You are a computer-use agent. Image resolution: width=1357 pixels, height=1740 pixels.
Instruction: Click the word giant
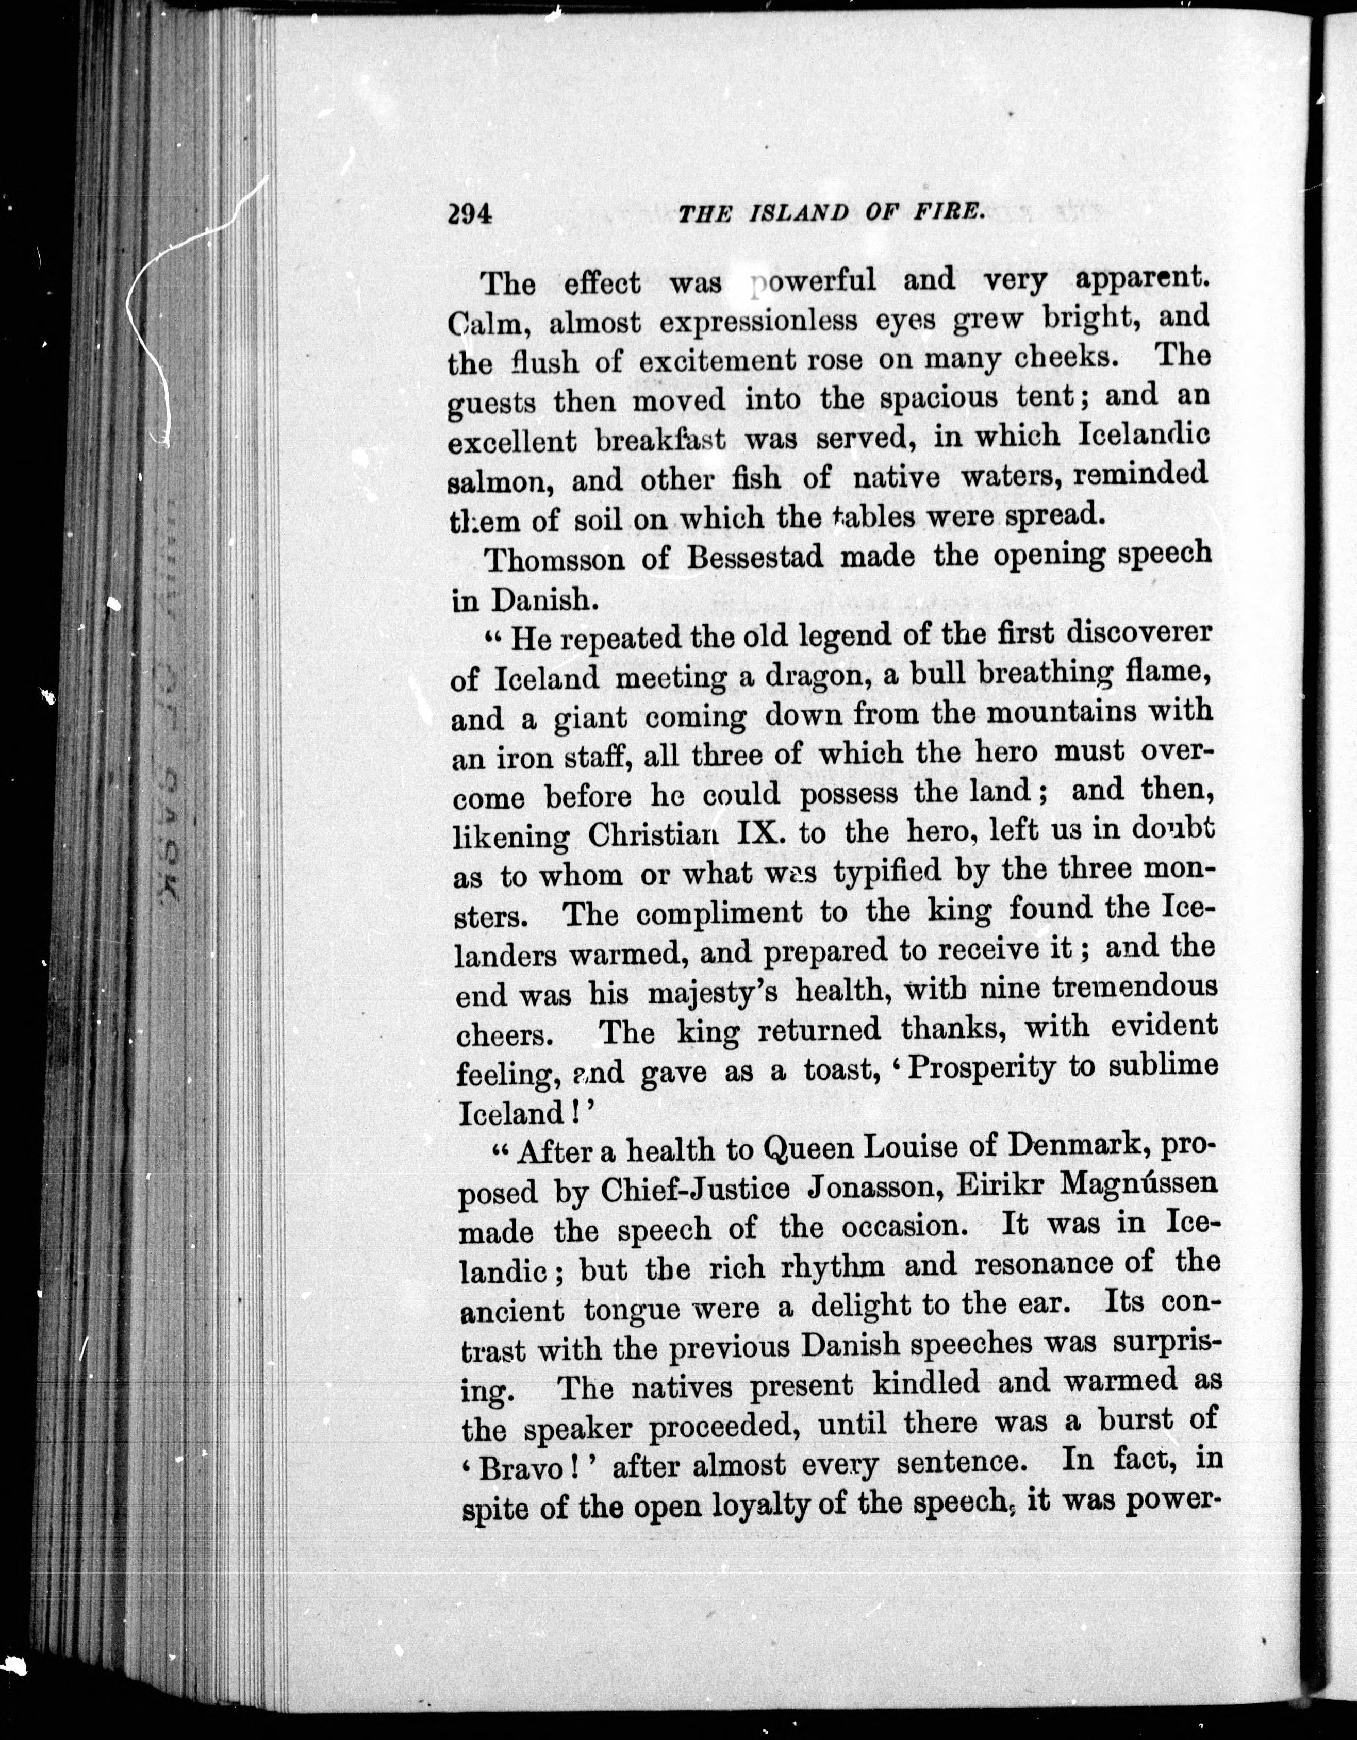coord(590,718)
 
